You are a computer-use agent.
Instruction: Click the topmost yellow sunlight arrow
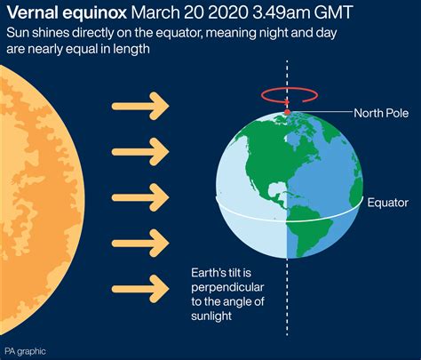click(x=140, y=106)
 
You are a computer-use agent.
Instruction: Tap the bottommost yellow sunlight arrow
click(x=140, y=289)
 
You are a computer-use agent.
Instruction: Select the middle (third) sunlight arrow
click(x=140, y=197)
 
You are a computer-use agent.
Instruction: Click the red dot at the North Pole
click(x=287, y=112)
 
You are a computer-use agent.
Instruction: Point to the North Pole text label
click(x=381, y=113)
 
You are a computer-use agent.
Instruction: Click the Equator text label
click(x=388, y=203)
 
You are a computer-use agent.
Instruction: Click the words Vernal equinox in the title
click(x=67, y=12)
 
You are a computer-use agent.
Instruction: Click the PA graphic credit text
click(x=25, y=352)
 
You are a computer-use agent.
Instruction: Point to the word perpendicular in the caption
click(x=227, y=287)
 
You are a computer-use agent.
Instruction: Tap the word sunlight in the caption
click(x=211, y=316)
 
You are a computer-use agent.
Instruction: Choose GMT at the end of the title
click(x=333, y=12)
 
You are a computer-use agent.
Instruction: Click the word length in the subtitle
click(x=131, y=49)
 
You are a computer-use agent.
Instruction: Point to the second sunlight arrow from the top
click(x=140, y=152)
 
